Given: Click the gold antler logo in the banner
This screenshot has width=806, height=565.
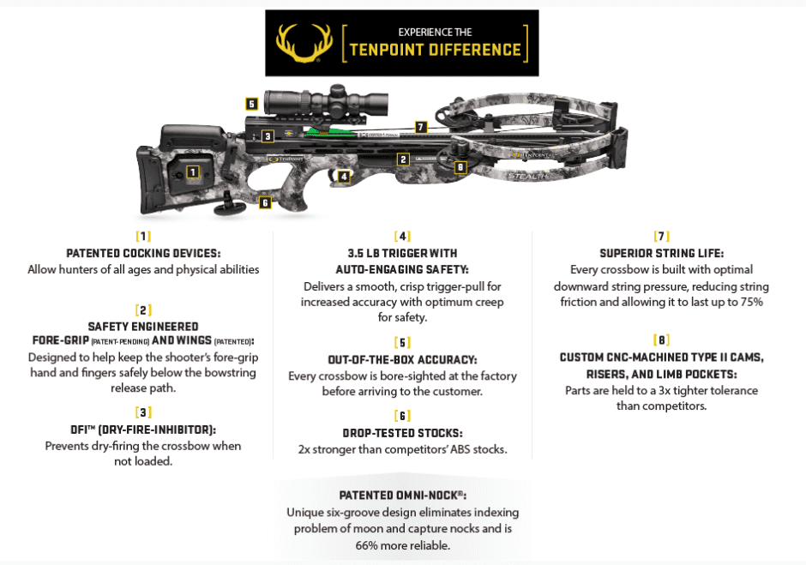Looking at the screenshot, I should click(303, 43).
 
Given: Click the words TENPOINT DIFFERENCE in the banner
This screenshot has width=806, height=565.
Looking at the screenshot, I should click(435, 50).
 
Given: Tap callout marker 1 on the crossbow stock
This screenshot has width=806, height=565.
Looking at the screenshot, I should click(193, 171).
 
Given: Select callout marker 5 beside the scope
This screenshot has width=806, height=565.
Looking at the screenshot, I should click(251, 104).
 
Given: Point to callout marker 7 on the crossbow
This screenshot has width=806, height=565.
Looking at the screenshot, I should click(420, 127).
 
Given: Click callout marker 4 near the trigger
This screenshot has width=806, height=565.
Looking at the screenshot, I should click(344, 177).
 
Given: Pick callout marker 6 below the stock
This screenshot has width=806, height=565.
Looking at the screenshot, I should click(265, 203).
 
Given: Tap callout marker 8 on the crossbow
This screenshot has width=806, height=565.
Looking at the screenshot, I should click(460, 167).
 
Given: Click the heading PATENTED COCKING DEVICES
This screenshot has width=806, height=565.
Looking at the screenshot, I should click(143, 254).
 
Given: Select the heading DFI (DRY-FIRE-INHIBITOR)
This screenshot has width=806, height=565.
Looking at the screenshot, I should click(143, 430).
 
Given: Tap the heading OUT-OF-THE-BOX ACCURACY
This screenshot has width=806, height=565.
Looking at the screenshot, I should click(402, 360).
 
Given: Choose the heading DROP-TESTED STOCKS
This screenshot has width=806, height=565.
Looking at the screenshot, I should click(402, 432).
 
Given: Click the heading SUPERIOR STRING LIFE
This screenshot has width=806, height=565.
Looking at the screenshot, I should click(661, 253).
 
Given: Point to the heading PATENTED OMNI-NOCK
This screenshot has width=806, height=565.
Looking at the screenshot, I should click(401, 496).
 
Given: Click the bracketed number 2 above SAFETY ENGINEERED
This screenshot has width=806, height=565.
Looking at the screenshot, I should click(143, 310).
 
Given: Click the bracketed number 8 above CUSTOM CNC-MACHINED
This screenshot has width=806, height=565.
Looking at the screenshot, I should click(661, 340).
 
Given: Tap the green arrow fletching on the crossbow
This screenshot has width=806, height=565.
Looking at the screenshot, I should click(320, 131).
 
